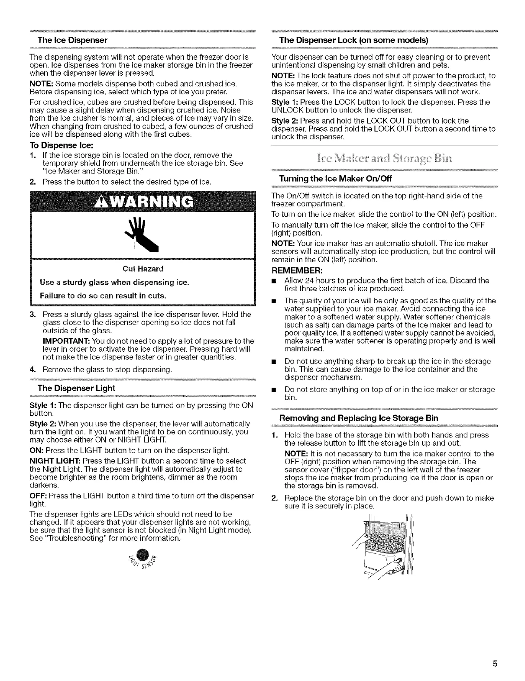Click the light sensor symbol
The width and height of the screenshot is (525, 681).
coord(145,561)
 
